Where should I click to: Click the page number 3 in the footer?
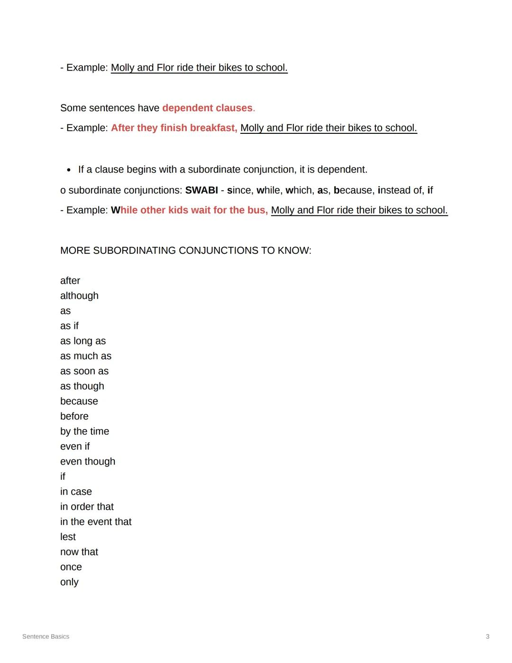point(487,636)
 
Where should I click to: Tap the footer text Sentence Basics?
point(46,636)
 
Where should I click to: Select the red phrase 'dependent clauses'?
point(207,108)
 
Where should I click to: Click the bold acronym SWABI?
point(201,190)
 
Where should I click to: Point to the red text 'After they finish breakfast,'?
point(174,128)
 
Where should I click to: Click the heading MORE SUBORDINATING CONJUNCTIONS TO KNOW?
point(185,250)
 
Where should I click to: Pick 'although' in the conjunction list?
point(79,296)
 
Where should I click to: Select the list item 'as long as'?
point(83,341)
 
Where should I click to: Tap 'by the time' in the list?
point(84,431)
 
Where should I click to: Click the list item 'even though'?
point(88,461)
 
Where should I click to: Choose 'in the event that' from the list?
point(96,522)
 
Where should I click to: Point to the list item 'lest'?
point(68,537)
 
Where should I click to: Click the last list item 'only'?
point(69,582)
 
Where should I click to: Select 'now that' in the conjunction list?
point(79,552)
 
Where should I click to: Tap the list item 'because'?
point(79,401)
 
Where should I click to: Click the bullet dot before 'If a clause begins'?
point(69,170)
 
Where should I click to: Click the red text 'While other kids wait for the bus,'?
point(190,210)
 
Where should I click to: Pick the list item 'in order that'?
point(87,506)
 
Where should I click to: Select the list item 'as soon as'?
point(84,371)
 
